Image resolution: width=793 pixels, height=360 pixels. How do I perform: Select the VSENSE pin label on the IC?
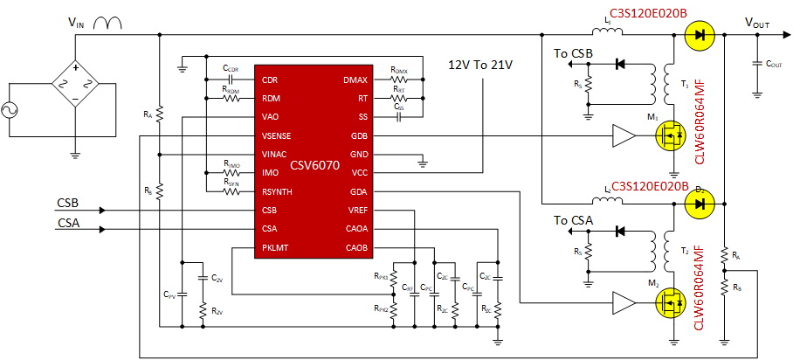tap(277, 135)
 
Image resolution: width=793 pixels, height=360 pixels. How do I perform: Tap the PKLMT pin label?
tap(275, 247)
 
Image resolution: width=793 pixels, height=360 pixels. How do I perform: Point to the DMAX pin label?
tap(355, 80)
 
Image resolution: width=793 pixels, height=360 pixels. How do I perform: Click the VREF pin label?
tap(357, 210)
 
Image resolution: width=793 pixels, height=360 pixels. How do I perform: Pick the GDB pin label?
tap(359, 135)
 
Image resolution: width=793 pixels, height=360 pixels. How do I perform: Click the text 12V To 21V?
tap(479, 65)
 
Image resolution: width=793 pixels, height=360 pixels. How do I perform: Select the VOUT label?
tap(756, 24)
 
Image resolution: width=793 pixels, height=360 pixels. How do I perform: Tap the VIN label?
tap(78, 24)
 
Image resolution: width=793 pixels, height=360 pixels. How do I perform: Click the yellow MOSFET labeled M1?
tap(672, 135)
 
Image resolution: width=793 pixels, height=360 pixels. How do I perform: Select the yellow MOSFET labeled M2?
tap(672, 303)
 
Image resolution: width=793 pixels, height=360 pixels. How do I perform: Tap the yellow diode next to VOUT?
tap(698, 36)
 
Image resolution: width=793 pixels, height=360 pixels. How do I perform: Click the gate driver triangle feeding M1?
tap(624, 135)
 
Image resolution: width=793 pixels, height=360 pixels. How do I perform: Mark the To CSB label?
tap(574, 54)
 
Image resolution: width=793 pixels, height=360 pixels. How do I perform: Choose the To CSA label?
tap(574, 221)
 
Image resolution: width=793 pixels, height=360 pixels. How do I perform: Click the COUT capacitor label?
tap(773, 64)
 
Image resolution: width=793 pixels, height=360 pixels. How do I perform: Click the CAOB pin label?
tap(356, 247)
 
